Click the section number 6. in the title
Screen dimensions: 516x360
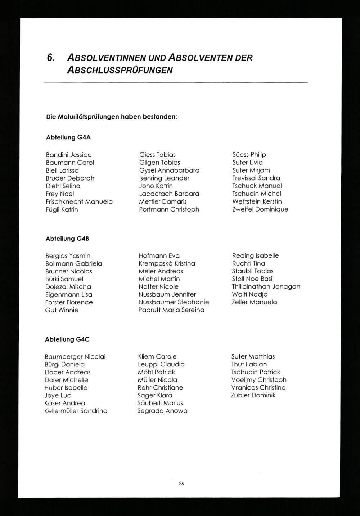pyautogui.click(x=50, y=58)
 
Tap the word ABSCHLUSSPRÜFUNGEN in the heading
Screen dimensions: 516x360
pyautogui.click(x=120, y=70)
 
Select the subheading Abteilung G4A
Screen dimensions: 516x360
pyautogui.click(x=68, y=138)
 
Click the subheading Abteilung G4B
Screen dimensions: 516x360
pyautogui.click(x=67, y=239)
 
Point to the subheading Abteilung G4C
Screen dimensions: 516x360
pyautogui.click(x=67, y=339)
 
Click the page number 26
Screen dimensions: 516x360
pyautogui.click(x=181, y=484)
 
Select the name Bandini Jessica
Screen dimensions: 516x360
pyautogui.click(x=69, y=155)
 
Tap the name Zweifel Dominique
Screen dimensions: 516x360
pyautogui.click(x=260, y=209)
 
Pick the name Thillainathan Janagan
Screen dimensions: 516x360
pyautogui.click(x=266, y=287)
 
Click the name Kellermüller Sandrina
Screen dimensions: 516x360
pyautogui.click(x=76, y=411)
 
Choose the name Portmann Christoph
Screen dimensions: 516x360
pyautogui.click(x=169, y=209)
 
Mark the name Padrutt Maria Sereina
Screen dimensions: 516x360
pyautogui.click(x=171, y=310)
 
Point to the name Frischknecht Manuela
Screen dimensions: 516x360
pyautogui.click(x=79, y=202)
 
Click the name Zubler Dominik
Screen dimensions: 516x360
pyautogui.click(x=253, y=395)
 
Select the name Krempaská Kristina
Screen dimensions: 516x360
pyautogui.click(x=167, y=264)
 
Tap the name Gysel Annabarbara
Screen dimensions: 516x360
pyautogui.click(x=169, y=170)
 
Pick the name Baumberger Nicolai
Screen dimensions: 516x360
pyautogui.click(x=75, y=357)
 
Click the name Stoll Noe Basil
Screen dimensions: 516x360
pyautogui.click(x=253, y=279)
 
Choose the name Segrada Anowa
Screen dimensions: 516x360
pyautogui.click(x=162, y=411)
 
